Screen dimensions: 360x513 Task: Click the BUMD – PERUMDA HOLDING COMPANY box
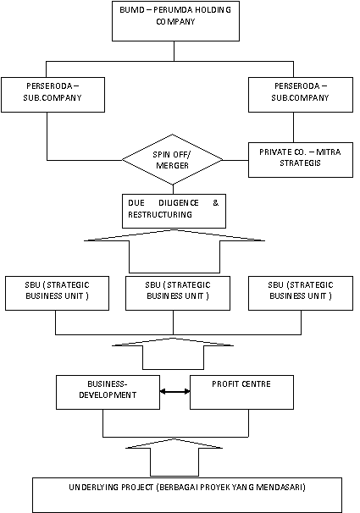pyautogui.click(x=175, y=21)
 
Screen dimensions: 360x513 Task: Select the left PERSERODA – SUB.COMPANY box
pyautogui.click(x=53, y=95)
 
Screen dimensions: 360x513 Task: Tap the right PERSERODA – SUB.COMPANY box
pyautogui.click(x=301, y=95)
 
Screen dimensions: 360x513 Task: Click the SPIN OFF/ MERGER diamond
pyautogui.click(x=173, y=160)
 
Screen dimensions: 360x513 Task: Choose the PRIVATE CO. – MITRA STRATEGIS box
pyautogui.click(x=301, y=160)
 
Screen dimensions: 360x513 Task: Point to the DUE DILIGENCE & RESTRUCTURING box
pyautogui.click(x=174, y=211)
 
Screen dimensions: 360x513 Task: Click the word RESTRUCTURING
pyautogui.click(x=160, y=215)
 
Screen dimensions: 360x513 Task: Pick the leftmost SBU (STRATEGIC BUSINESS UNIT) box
pyautogui.click(x=57, y=293)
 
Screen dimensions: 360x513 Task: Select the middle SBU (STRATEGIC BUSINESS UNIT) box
pyautogui.click(x=178, y=293)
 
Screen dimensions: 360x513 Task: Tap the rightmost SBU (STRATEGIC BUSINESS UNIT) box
pyautogui.click(x=301, y=293)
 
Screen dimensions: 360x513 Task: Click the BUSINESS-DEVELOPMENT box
pyautogui.click(x=108, y=392)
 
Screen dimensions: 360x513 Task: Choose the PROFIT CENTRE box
pyautogui.click(x=241, y=392)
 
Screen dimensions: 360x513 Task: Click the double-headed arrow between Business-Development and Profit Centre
pyautogui.click(x=174, y=391)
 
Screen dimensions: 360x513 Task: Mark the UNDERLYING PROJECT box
pyautogui.click(x=187, y=495)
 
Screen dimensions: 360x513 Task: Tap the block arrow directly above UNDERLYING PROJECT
pyautogui.click(x=174, y=458)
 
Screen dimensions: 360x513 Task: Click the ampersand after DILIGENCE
pyautogui.click(x=216, y=203)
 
